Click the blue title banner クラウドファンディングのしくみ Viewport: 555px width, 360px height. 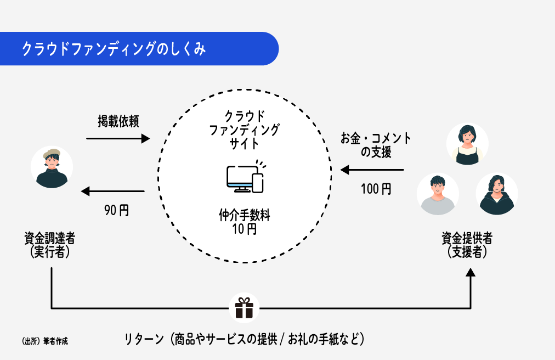[x=137, y=49]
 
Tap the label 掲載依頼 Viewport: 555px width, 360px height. [x=118, y=122]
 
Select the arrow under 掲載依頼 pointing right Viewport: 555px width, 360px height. [x=118, y=139]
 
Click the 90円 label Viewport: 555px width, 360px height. [x=116, y=210]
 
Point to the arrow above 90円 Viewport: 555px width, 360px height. [x=112, y=192]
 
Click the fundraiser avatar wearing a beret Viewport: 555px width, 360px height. [x=52, y=167]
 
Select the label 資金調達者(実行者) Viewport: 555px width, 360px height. [x=50, y=245]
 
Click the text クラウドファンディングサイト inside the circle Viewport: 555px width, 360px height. [x=245, y=130]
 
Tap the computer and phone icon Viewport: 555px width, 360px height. [x=245, y=177]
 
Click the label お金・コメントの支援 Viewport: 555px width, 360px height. [x=376, y=145]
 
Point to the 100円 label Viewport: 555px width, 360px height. [x=376, y=189]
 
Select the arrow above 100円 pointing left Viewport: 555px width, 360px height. [x=372, y=170]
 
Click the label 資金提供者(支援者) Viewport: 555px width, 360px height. [x=467, y=245]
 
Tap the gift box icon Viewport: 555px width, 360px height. [x=245, y=308]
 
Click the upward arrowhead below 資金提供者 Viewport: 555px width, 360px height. [x=471, y=273]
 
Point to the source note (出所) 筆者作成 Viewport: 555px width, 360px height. [x=45, y=341]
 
